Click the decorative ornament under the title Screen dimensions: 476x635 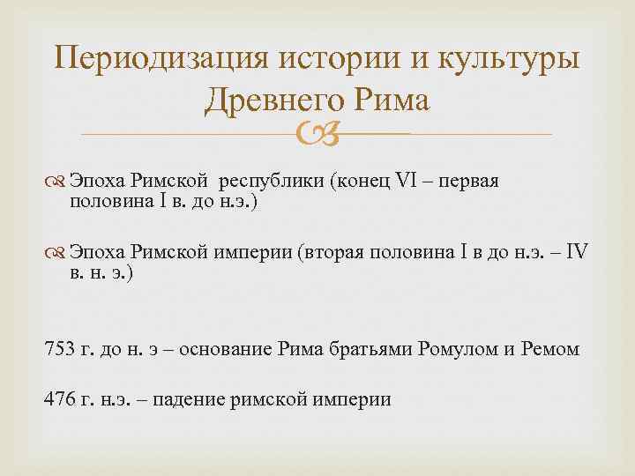click(317, 134)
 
